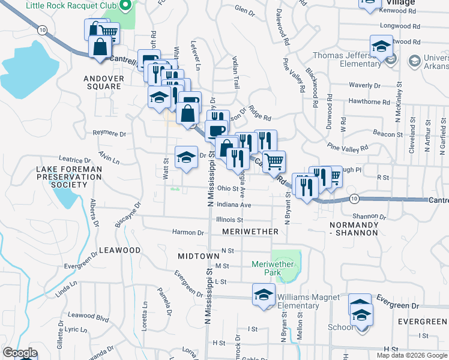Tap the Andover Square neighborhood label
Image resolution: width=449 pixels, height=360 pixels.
click(102, 82)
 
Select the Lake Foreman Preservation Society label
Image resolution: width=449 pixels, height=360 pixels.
click(68, 177)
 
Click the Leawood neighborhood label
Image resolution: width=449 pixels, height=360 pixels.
click(119, 250)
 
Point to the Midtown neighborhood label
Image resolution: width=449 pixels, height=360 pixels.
click(199, 256)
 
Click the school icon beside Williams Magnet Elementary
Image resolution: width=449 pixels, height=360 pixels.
click(263, 296)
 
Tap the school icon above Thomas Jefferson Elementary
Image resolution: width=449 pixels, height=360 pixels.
click(381, 46)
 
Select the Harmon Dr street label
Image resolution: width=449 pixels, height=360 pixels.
click(188, 232)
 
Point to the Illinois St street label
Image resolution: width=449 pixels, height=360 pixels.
click(228, 220)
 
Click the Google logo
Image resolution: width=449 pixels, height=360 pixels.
click(20, 353)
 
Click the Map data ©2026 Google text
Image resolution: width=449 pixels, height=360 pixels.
click(411, 355)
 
